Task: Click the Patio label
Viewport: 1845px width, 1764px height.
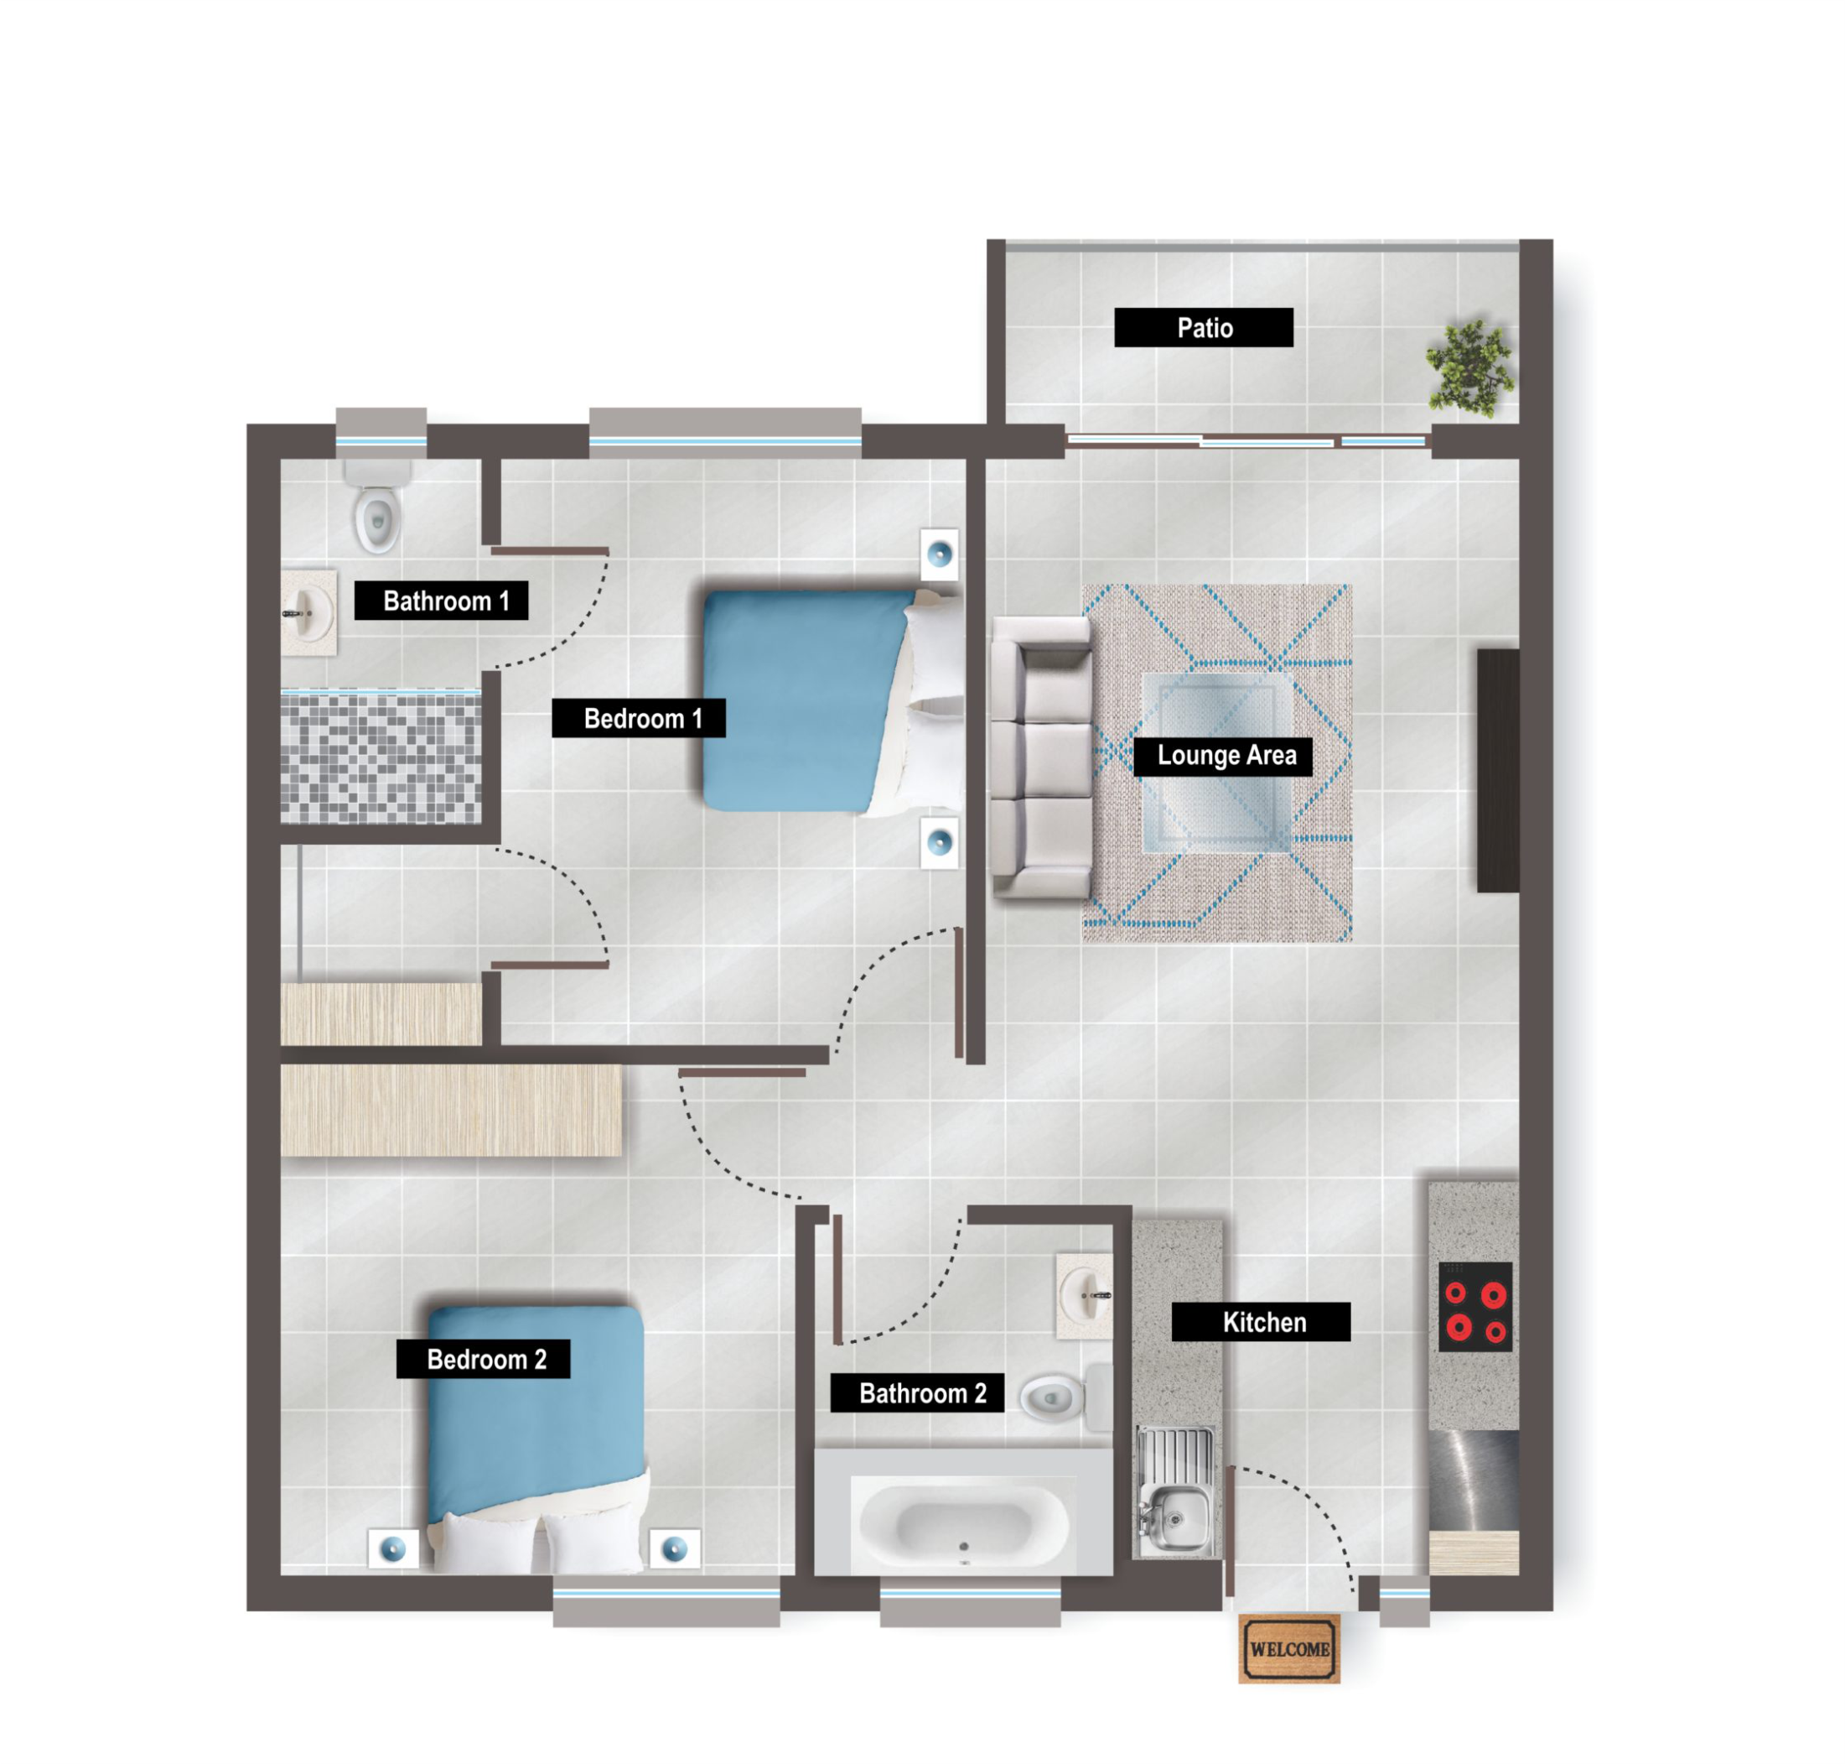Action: click(1203, 327)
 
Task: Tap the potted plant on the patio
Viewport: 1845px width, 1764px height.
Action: click(1470, 367)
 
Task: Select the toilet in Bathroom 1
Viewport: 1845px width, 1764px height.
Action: click(378, 507)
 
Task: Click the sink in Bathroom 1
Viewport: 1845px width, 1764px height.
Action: click(308, 612)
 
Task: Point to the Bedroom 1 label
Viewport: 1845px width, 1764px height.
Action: click(638, 718)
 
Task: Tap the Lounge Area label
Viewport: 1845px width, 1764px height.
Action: click(1223, 756)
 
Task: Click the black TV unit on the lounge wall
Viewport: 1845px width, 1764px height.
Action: click(1497, 770)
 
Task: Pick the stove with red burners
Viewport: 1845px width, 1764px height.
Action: click(1475, 1306)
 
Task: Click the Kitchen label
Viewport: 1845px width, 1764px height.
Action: click(1262, 1322)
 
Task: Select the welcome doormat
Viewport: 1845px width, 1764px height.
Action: click(1289, 1648)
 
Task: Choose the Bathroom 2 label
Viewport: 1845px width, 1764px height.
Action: click(916, 1392)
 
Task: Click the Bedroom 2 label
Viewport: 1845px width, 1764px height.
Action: click(483, 1359)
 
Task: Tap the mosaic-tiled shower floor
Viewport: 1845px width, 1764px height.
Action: click(381, 757)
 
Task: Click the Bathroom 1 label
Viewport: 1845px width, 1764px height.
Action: click(441, 600)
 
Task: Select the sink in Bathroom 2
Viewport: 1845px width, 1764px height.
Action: click(1085, 1295)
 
